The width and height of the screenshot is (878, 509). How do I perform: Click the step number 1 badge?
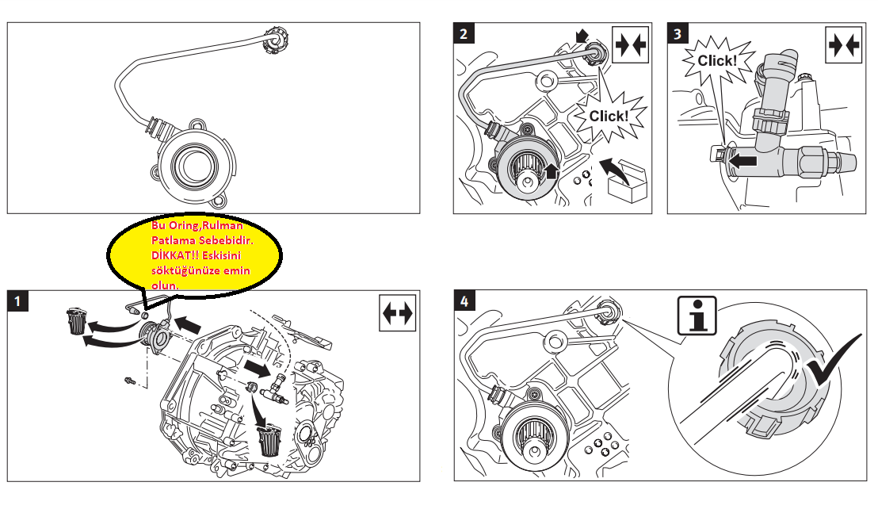tap(17, 301)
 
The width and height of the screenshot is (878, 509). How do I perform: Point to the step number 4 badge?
tap(465, 301)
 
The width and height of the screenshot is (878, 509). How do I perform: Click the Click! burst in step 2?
tap(609, 115)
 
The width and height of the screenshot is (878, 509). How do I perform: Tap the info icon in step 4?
tap(697, 316)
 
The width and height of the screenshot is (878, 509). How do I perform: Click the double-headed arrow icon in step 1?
tap(399, 314)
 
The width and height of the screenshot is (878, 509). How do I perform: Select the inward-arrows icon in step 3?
tap(843, 45)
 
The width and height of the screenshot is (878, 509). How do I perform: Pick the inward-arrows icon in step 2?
tap(631, 45)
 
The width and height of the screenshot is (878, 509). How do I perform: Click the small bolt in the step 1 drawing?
tap(130, 381)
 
